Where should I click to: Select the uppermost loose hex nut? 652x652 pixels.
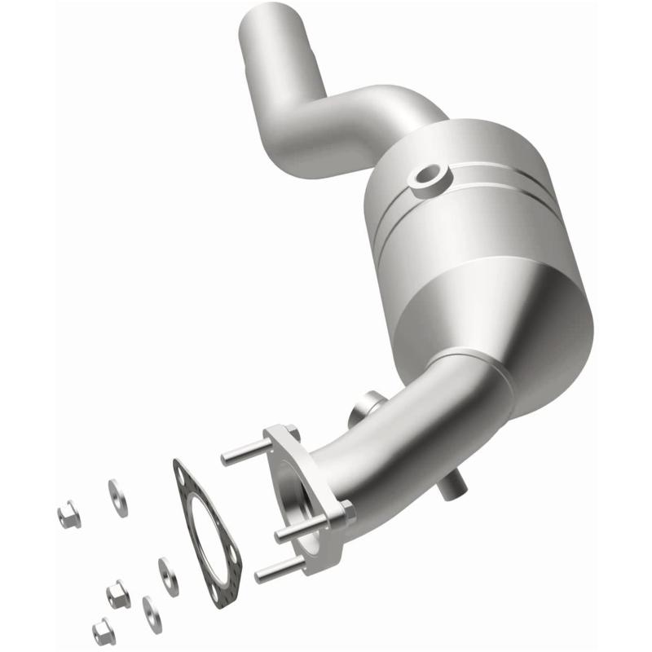point(68,513)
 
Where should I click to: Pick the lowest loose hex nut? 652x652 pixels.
point(103,631)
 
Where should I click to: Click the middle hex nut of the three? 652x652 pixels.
point(118,594)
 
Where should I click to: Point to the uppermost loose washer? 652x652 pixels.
point(118,497)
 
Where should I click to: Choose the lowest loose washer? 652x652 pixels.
point(152,613)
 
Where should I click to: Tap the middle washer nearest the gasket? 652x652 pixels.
point(169,575)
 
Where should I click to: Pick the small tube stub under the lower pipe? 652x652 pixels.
point(451,489)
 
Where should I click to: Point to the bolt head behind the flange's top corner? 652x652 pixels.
point(293,434)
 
